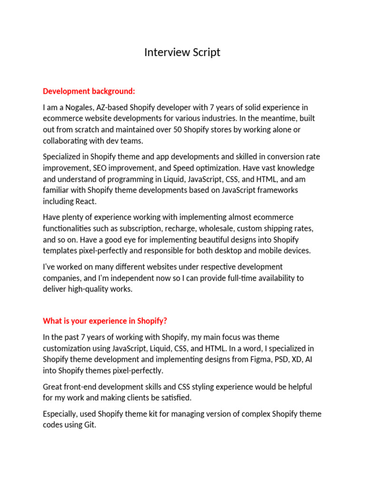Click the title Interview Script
(182, 52)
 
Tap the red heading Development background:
(89, 91)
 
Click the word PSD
(281, 359)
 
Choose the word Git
(89, 425)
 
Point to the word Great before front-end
(53, 387)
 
